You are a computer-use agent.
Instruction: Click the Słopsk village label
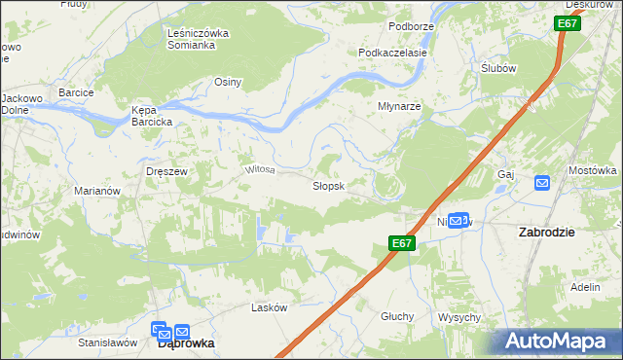coord(328,185)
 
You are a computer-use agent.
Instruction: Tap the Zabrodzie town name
coord(546,233)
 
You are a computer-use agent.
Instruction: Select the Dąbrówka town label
coord(186,343)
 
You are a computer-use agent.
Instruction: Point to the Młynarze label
coord(399,107)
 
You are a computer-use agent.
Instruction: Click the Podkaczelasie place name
coord(393,53)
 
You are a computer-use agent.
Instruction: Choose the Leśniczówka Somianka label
coord(198,39)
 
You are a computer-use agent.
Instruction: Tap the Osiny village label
coord(228,82)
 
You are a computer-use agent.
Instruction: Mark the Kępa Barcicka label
coord(152,116)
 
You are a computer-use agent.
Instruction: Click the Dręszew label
coord(165,170)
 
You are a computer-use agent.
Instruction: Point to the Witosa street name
coord(260,169)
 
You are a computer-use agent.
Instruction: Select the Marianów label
coord(97,191)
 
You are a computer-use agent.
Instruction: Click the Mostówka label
coord(593,170)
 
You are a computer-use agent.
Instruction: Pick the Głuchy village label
coord(397,316)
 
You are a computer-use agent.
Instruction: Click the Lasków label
coord(270,307)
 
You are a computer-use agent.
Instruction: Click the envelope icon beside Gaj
coord(542,182)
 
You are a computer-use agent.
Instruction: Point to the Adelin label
coord(585,288)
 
